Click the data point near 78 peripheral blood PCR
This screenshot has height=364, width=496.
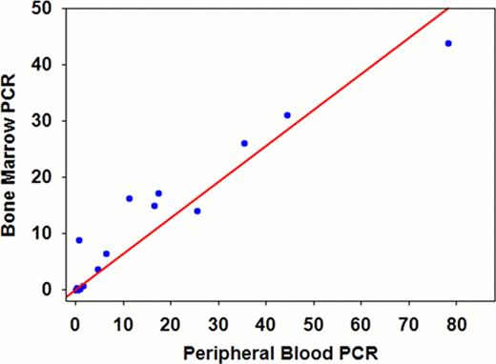(448, 44)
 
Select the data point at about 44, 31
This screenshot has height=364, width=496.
(287, 115)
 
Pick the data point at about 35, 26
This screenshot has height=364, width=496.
(244, 143)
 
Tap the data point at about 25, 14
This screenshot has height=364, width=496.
(197, 211)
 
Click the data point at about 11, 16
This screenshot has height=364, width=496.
(130, 198)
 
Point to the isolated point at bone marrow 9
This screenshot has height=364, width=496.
(79, 240)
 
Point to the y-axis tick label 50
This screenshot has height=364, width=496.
(45, 9)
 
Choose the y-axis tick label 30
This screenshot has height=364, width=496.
(45, 121)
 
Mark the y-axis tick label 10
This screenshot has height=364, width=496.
(45, 233)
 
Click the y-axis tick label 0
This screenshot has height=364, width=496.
(50, 289)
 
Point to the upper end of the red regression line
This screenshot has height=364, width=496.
(448, 9)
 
